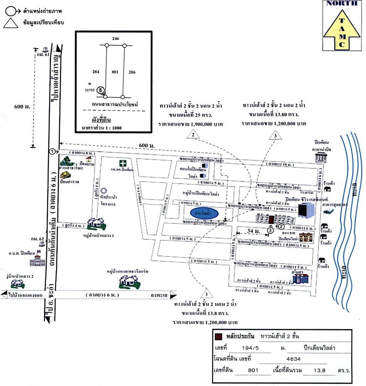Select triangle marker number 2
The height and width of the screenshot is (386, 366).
(193, 135)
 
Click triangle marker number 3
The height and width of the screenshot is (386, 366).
(275, 135)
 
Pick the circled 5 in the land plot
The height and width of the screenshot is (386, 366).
(101, 90)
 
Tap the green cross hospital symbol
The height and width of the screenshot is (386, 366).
(122, 163)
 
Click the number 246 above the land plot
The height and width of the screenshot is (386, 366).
(115, 39)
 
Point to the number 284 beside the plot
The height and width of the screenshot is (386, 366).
(96, 72)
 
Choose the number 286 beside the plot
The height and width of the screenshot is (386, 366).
(132, 72)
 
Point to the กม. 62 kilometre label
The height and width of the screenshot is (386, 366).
(37, 239)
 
